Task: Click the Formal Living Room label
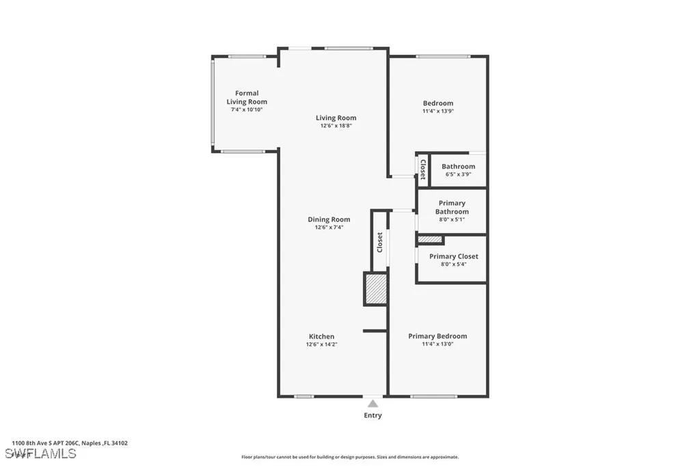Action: coord(247,97)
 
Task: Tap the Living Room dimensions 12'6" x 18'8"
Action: coord(336,126)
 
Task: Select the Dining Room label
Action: coord(329,219)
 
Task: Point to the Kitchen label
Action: coord(321,336)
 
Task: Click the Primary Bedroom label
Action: coord(437,336)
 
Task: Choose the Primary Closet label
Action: coord(453,256)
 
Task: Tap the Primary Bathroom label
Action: coord(452,207)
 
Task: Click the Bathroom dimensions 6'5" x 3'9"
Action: coord(458,175)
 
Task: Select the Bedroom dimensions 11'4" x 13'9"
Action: coord(437,111)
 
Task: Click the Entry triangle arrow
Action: coord(373,404)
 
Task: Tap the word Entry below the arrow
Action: coord(373,415)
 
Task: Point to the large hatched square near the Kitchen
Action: coord(375,289)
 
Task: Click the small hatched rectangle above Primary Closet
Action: coord(430,239)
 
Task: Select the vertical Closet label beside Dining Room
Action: coord(379,243)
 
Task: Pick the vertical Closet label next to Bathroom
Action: coord(423,169)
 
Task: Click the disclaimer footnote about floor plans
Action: coord(349,457)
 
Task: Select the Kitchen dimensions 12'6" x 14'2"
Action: coord(321,344)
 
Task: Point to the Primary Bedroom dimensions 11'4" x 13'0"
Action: coord(437,344)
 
